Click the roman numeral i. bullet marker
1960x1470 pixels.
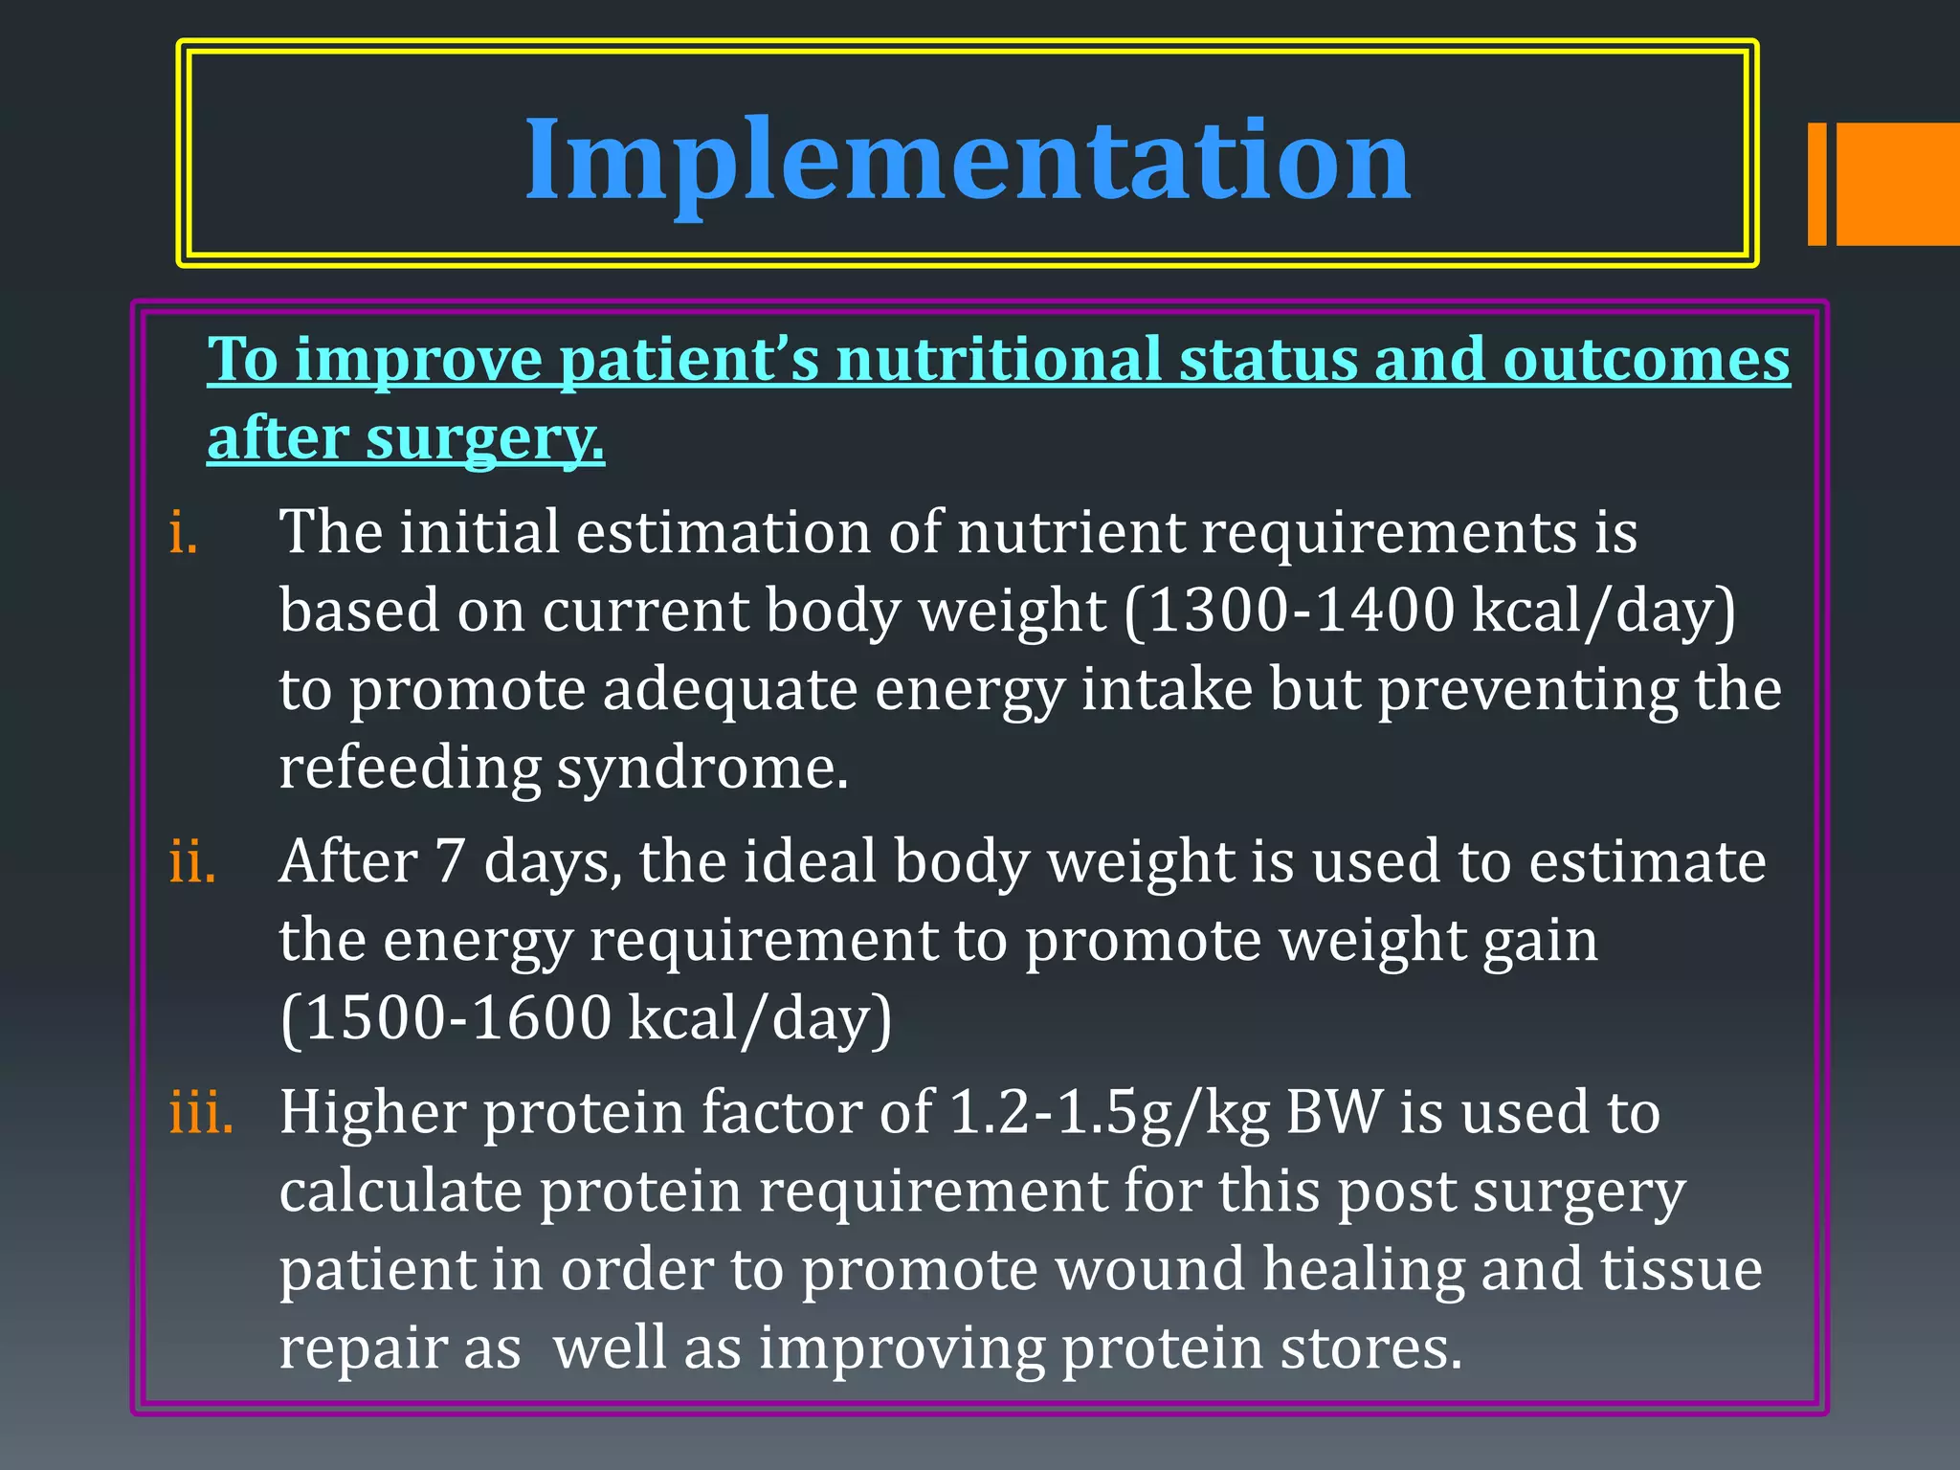(183, 533)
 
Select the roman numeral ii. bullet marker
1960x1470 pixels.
(192, 862)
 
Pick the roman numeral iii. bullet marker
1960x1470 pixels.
(201, 1114)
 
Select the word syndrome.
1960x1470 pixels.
(702, 769)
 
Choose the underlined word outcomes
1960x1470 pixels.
(1646, 361)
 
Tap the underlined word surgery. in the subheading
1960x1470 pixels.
(485, 440)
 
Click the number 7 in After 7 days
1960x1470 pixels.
(450, 862)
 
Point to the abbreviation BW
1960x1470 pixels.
(1334, 1114)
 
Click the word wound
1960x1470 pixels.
(1149, 1271)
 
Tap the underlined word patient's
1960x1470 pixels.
(689, 361)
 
